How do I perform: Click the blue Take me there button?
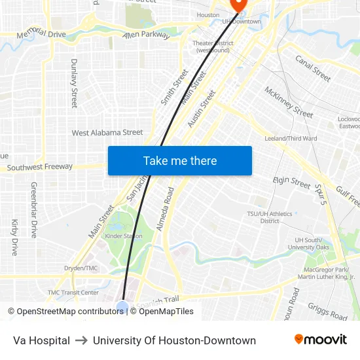[180, 161]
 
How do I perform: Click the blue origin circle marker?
[122, 306]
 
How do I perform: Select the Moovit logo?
[321, 340]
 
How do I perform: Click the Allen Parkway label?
[146, 35]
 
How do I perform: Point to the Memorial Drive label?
[42, 33]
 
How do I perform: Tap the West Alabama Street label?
[107, 133]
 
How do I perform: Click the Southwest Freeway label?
[40, 168]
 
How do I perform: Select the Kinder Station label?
[124, 236]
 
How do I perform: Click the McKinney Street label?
[289, 102]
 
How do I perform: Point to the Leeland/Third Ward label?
[291, 139]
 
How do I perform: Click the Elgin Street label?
[291, 183]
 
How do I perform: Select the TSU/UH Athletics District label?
[270, 217]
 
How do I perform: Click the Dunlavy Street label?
[74, 83]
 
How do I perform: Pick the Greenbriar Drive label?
[34, 209]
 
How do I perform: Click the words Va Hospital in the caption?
[41, 340]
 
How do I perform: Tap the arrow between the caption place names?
[81, 340]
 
